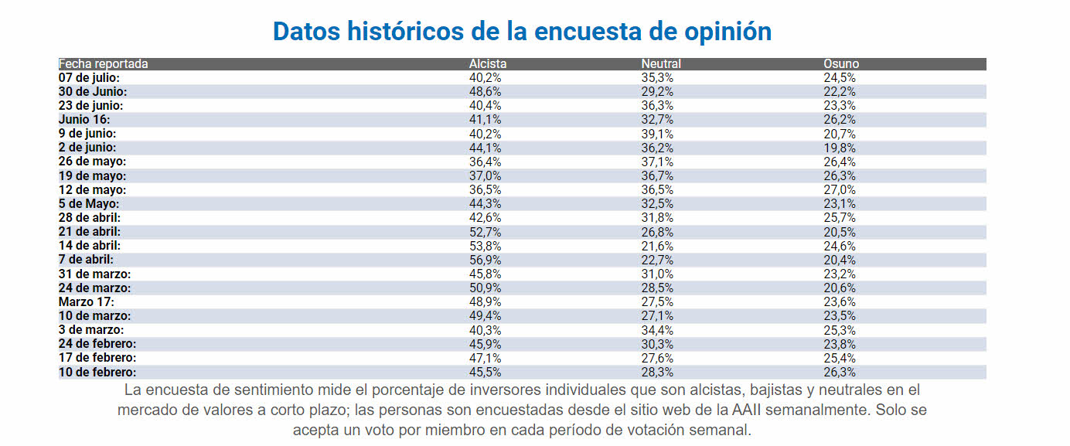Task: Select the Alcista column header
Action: click(x=487, y=64)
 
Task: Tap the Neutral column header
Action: click(x=661, y=64)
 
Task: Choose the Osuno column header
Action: click(x=841, y=64)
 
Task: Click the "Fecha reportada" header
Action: click(x=103, y=64)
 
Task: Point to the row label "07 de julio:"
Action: click(x=90, y=77)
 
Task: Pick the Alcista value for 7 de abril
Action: click(x=486, y=260)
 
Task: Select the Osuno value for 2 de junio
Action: click(x=840, y=148)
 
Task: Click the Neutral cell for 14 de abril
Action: click(x=657, y=246)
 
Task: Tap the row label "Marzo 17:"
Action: click(x=87, y=301)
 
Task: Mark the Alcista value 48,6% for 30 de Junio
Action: click(x=486, y=91)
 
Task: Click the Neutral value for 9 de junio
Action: click(x=657, y=134)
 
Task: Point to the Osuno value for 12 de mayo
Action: click(x=840, y=189)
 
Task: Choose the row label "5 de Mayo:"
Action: click(x=89, y=203)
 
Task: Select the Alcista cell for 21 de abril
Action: click(x=486, y=232)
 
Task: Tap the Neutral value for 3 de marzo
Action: click(x=657, y=330)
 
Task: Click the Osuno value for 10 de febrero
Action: click(x=840, y=372)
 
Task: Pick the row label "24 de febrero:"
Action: click(x=97, y=344)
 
